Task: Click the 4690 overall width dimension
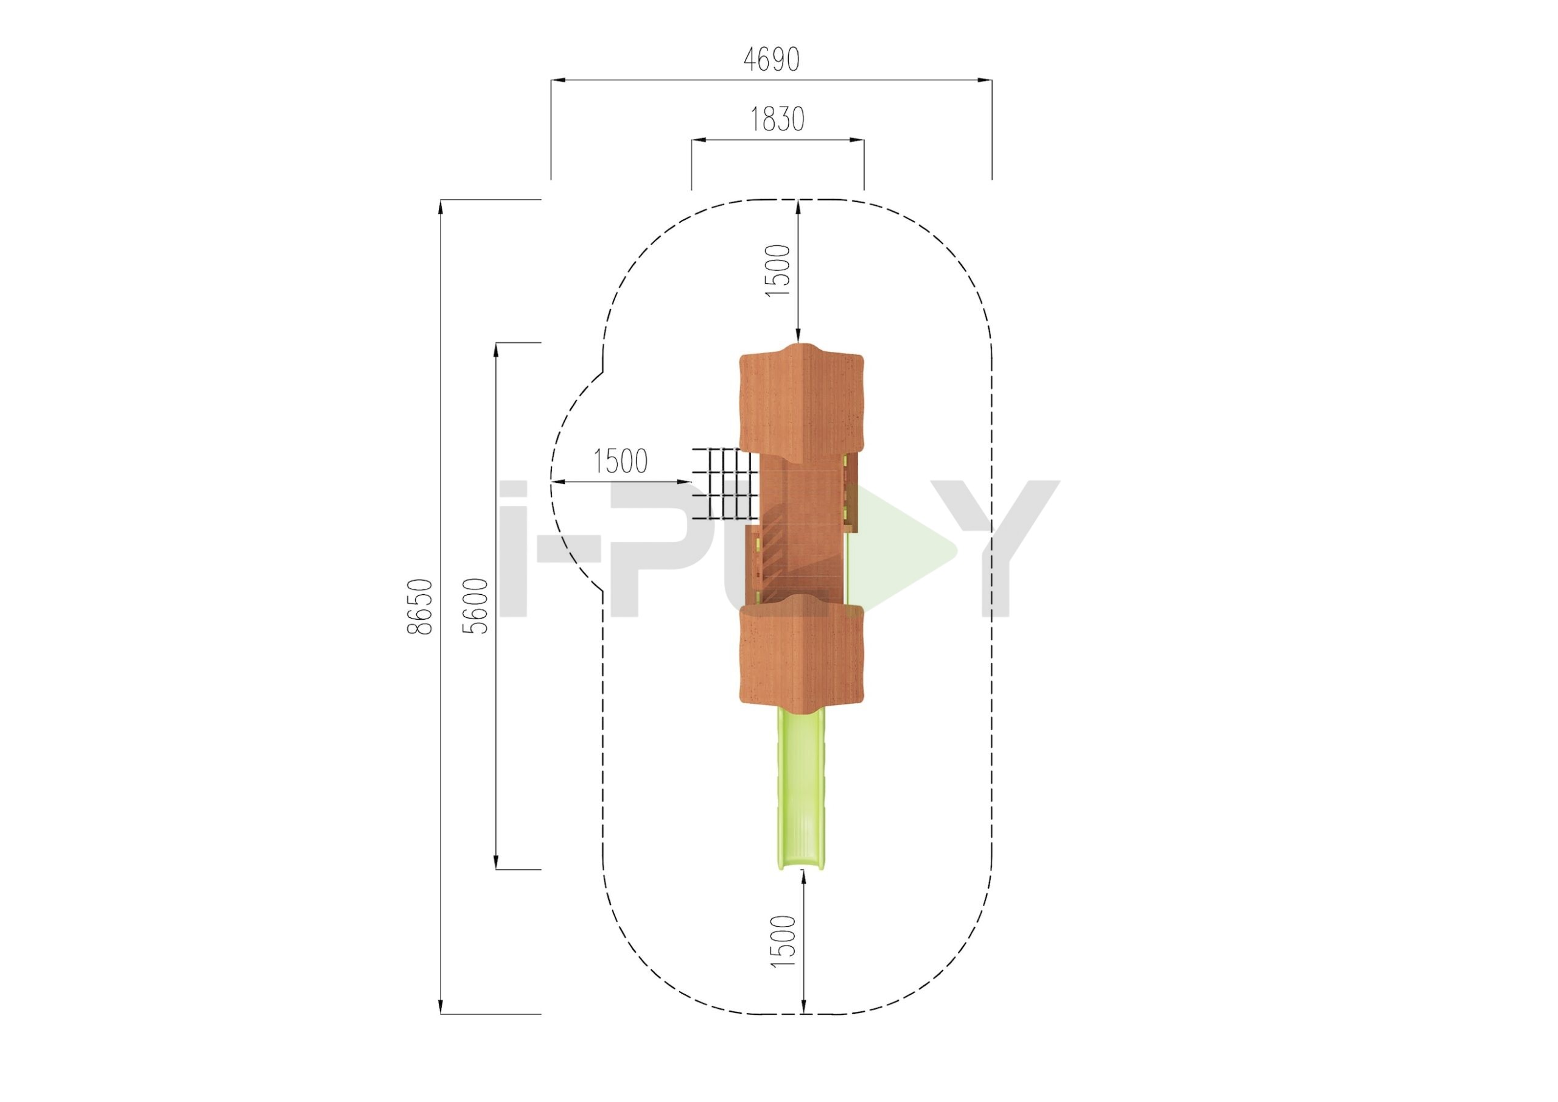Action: coord(772,60)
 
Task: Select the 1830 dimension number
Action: coord(777,119)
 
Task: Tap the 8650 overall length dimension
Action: coord(419,606)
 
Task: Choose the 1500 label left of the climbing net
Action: coord(620,461)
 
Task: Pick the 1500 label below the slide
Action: coord(783,941)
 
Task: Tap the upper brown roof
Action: coord(801,406)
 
